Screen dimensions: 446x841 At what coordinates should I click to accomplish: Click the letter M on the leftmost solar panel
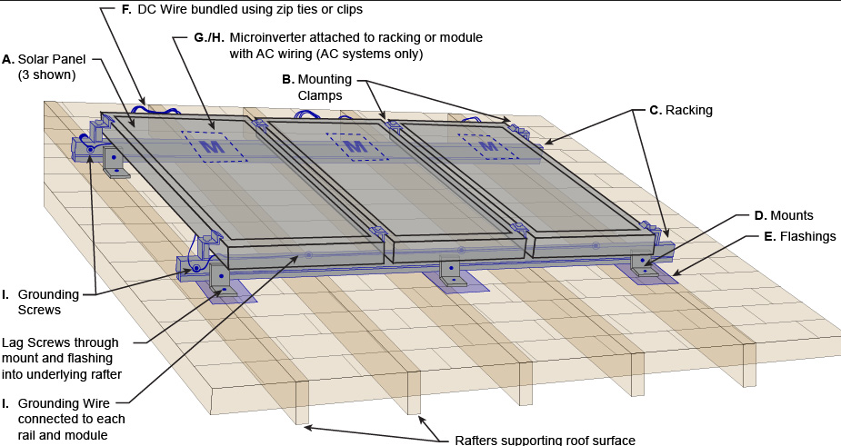click(212, 145)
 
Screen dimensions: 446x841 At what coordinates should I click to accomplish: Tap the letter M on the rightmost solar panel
click(487, 144)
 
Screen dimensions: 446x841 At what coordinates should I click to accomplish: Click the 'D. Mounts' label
click(783, 215)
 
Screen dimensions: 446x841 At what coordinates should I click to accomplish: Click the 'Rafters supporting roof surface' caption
click(545, 441)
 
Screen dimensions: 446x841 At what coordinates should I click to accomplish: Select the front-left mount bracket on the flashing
click(222, 279)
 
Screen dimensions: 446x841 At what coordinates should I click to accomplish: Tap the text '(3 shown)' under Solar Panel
click(46, 74)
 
